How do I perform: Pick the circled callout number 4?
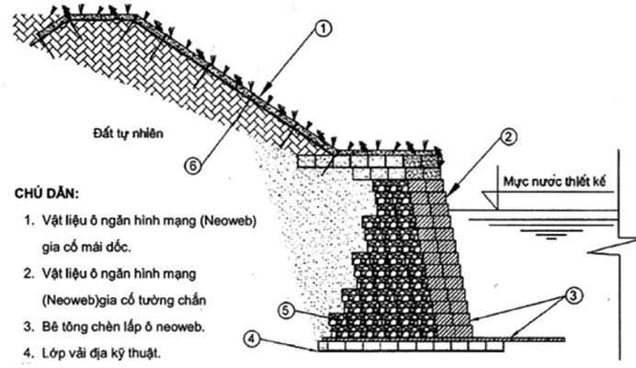pos(252,338)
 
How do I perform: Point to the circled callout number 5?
pos(287,312)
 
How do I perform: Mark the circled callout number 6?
pos(192,166)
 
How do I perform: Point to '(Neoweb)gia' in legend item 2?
pos(76,300)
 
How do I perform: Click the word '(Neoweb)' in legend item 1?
pos(226,222)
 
